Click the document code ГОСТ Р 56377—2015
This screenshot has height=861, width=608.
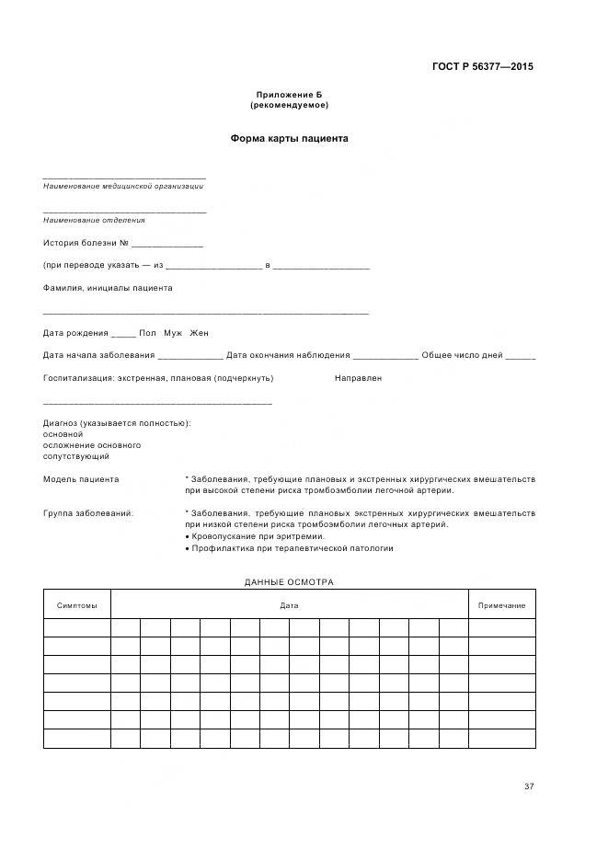click(x=482, y=66)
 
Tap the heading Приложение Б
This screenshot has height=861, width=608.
click(x=289, y=95)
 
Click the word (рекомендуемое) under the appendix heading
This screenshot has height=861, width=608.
click(x=289, y=105)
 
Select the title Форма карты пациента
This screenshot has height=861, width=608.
click(x=289, y=139)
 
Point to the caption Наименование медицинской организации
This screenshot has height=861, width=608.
click(x=123, y=186)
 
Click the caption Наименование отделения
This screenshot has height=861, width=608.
click(x=94, y=220)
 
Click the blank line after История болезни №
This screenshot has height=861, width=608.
click(x=166, y=245)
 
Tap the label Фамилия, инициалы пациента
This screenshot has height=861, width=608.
click(x=108, y=288)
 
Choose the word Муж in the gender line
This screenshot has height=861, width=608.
click(x=173, y=332)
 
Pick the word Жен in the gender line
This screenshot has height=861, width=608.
click(x=200, y=332)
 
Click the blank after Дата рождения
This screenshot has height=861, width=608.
click(x=123, y=333)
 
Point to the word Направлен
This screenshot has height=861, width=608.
click(x=358, y=378)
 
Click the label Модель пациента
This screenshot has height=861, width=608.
click(x=81, y=479)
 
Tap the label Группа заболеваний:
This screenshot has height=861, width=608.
click(x=88, y=512)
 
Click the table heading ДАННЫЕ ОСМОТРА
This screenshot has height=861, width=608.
click(x=289, y=582)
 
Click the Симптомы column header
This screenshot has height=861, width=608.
click(x=76, y=605)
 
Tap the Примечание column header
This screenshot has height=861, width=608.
click(x=501, y=605)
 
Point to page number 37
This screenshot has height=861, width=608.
click(x=529, y=786)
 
